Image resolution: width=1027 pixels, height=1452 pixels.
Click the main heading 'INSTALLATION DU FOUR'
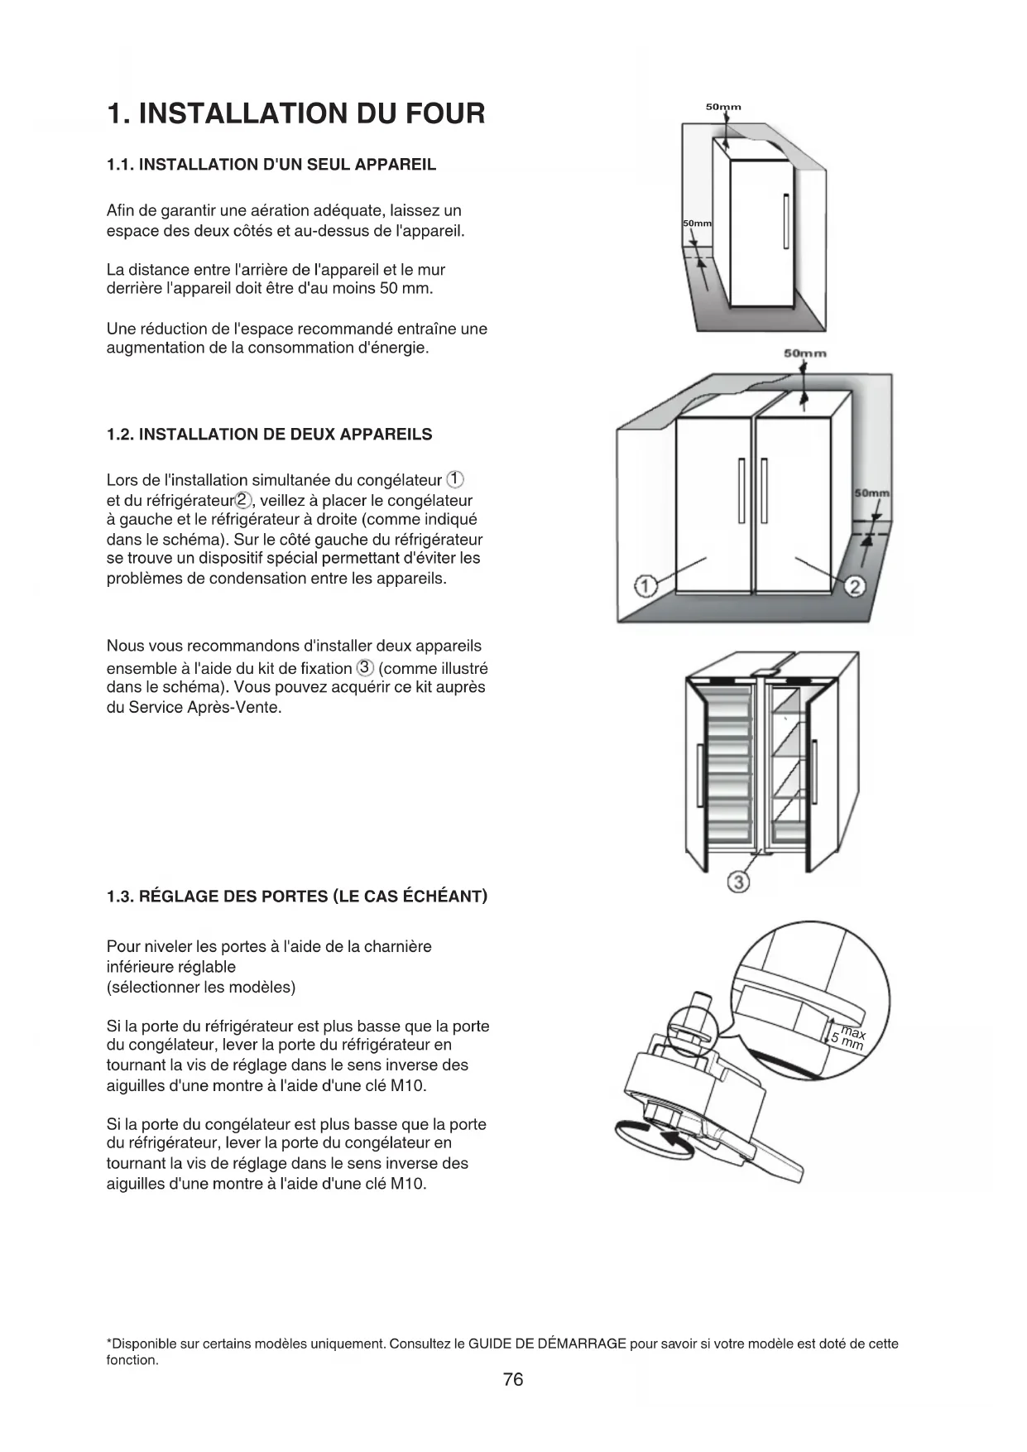pos(295,113)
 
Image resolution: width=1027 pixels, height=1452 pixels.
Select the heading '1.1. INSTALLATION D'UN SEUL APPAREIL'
pos(271,164)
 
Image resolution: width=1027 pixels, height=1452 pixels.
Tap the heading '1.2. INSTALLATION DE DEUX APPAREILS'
pos(269,435)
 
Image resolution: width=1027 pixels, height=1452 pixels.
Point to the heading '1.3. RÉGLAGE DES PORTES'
pos(297,897)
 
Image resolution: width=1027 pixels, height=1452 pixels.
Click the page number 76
pos(513,1379)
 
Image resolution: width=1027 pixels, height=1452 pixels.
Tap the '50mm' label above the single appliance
pos(722,107)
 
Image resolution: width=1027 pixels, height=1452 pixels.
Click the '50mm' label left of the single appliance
pos(697,224)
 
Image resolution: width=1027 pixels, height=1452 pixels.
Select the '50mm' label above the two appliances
pos(804,353)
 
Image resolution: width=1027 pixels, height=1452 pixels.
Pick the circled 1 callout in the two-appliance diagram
pos(645,587)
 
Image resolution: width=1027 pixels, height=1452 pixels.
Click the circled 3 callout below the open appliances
pos(739,882)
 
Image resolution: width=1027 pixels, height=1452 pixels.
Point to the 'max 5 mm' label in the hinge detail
pos(849,1038)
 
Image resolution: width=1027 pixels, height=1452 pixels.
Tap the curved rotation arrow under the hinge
pos(654,1142)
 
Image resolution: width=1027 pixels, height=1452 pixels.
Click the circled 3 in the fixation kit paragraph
pos(365,668)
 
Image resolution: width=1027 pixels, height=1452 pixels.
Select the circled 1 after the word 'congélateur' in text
pos(456,479)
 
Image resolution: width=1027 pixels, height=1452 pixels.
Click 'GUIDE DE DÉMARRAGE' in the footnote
pos(547,1344)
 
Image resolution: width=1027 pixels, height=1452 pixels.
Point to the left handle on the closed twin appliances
pos(741,490)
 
